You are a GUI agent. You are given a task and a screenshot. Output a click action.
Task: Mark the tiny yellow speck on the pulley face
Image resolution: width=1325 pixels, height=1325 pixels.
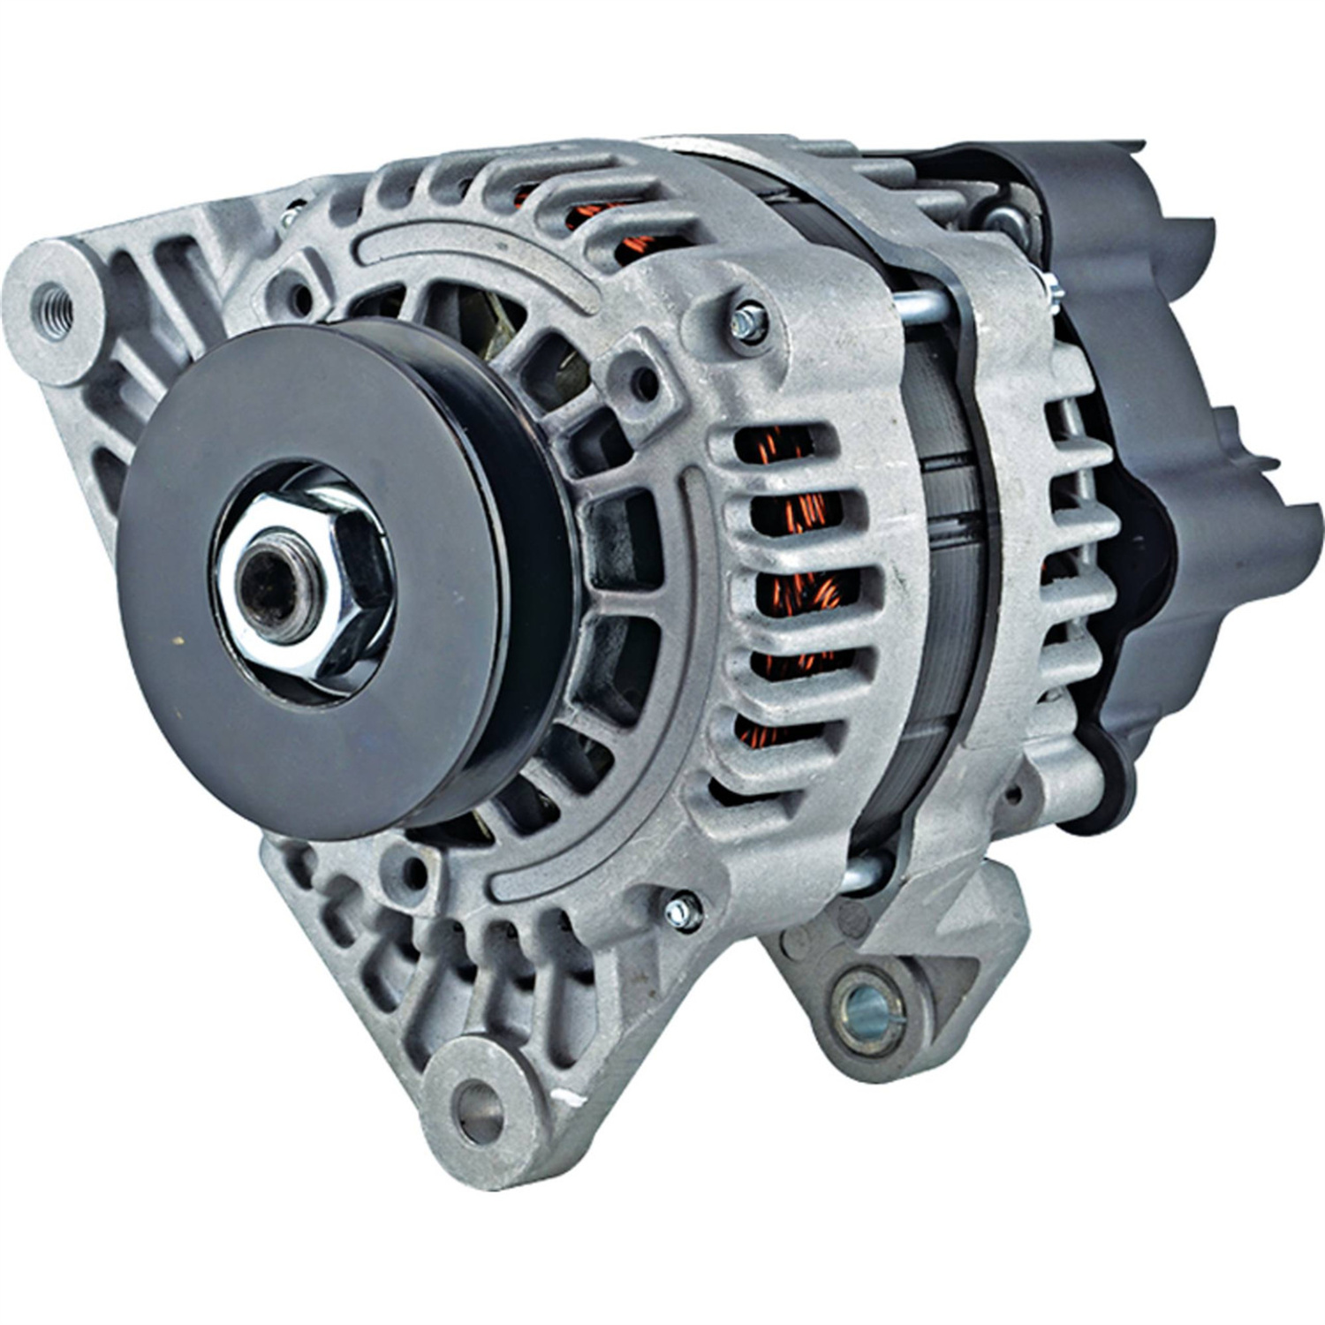pyautogui.click(x=180, y=641)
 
